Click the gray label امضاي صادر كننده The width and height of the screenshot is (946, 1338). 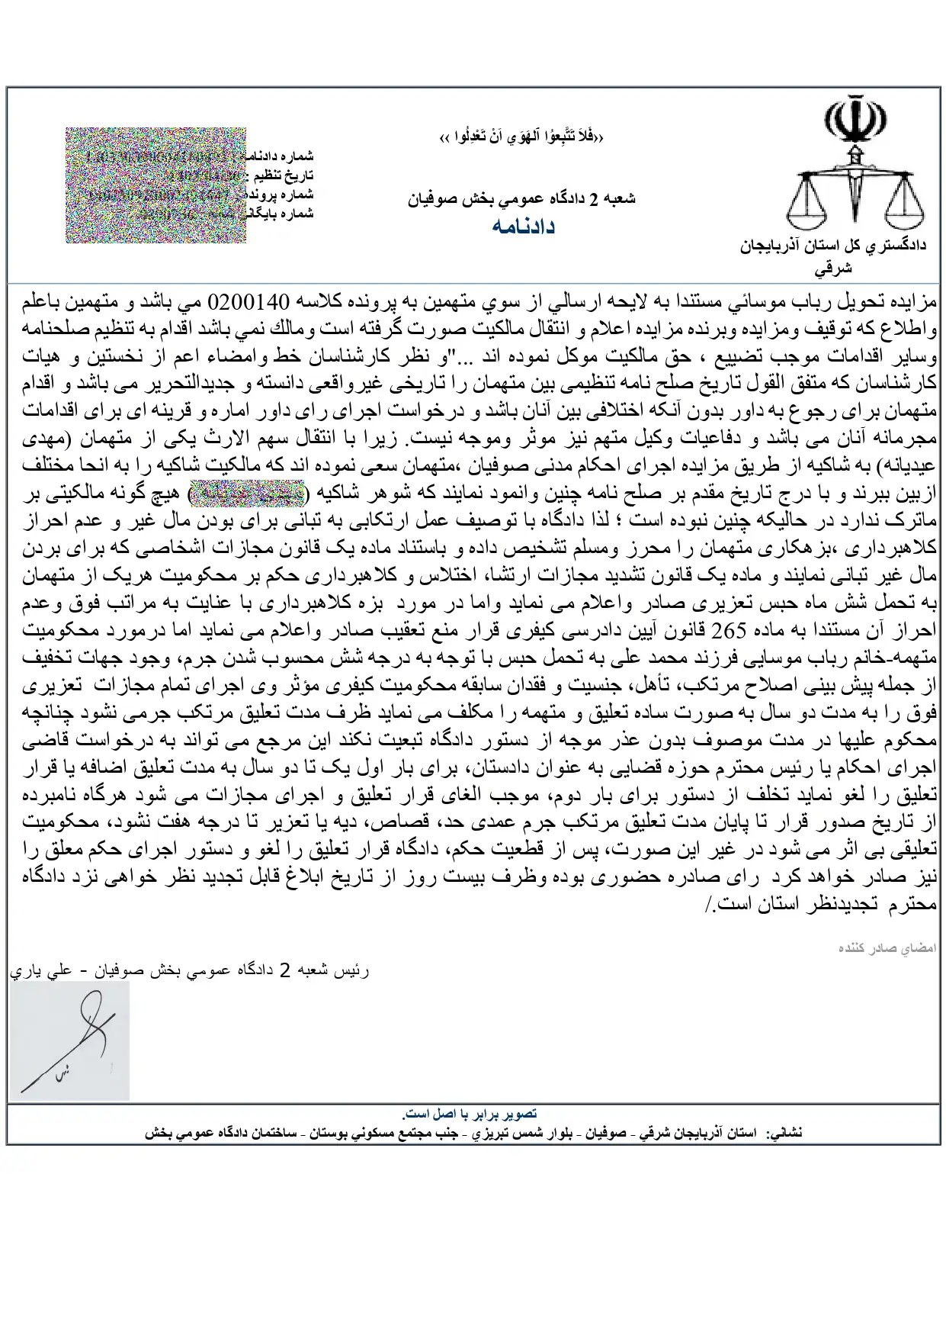[887, 948]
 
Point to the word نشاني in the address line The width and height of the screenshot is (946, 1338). [786, 1134]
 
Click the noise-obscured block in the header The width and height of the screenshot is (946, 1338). [155, 185]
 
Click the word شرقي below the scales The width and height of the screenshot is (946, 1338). [833, 268]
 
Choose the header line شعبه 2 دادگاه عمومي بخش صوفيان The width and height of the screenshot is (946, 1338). [523, 198]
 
